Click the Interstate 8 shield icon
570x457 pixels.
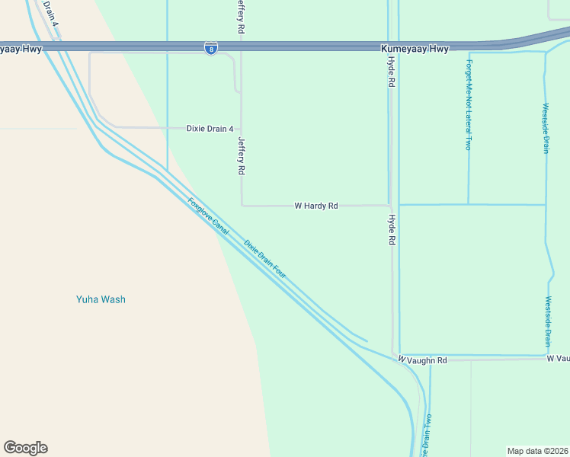pyautogui.click(x=211, y=48)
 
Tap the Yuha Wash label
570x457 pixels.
pyautogui.click(x=101, y=299)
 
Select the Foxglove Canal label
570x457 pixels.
pyautogui.click(x=208, y=216)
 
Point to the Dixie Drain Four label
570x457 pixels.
pyautogui.click(x=264, y=258)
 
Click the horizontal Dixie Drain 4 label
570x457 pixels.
pyautogui.click(x=210, y=129)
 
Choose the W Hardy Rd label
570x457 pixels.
pyautogui.click(x=315, y=206)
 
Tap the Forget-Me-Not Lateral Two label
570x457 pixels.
pyautogui.click(x=469, y=104)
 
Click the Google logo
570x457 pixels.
pyautogui.click(x=25, y=448)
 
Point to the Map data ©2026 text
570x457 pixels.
pyautogui.click(x=537, y=450)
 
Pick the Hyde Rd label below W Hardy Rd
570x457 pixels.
pyautogui.click(x=392, y=229)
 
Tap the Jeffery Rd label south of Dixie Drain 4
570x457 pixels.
pyautogui.click(x=242, y=156)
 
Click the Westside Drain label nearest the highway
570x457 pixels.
pyautogui.click(x=546, y=128)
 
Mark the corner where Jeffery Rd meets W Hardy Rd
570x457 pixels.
pyautogui.click(x=242, y=205)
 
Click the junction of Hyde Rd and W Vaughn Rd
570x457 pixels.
pyautogui.click(x=394, y=356)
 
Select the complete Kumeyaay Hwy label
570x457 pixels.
pyautogui.click(x=415, y=49)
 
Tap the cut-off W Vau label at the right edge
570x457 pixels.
pyautogui.click(x=558, y=358)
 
